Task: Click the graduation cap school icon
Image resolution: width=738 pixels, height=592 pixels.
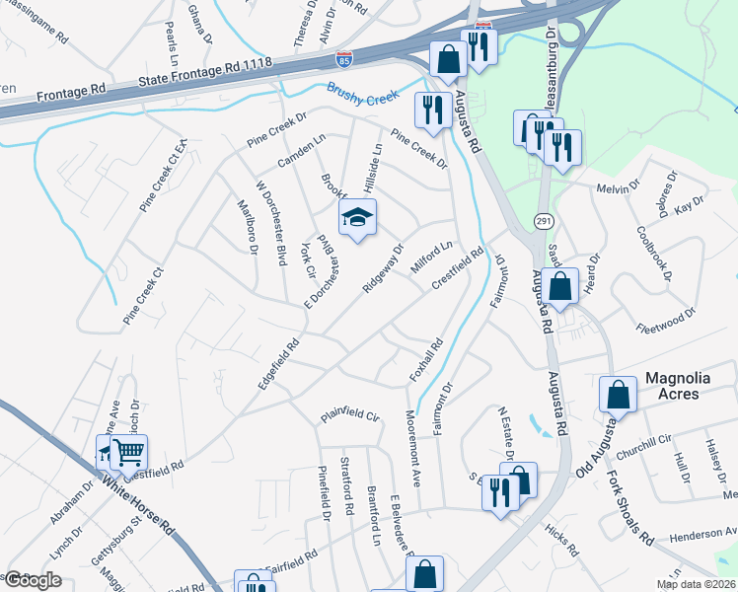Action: [x=358, y=217]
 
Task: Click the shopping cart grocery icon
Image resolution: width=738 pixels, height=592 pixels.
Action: [x=127, y=452]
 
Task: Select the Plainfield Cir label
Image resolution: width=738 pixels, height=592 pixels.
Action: [x=349, y=416]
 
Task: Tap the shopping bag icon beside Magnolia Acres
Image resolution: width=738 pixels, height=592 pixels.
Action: [x=618, y=395]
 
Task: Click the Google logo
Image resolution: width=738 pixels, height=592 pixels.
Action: [x=33, y=580]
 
